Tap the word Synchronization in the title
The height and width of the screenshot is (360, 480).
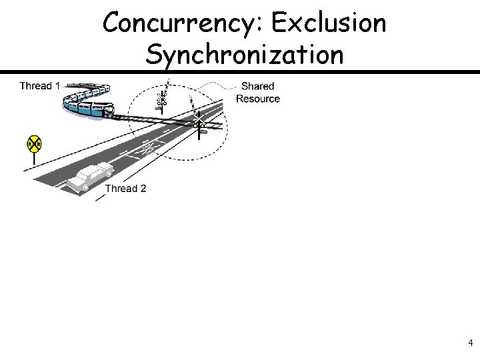[245, 55]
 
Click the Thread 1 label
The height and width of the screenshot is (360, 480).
[39, 86]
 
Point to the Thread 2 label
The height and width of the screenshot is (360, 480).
[125, 188]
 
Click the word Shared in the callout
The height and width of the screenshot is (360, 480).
[257, 86]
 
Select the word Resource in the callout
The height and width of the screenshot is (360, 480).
[258, 99]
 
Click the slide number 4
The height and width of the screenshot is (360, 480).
[471, 343]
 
